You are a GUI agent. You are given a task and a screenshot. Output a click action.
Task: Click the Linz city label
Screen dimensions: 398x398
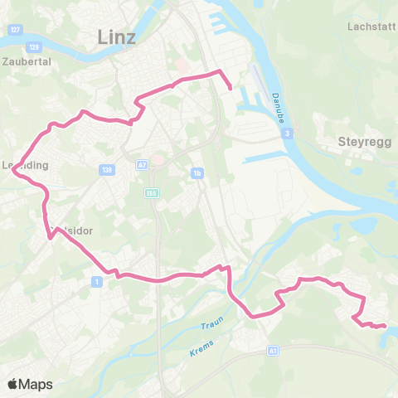(116, 36)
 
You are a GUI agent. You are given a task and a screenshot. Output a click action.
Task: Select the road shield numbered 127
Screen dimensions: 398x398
(15, 30)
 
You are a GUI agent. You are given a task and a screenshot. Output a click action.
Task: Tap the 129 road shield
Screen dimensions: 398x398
(34, 47)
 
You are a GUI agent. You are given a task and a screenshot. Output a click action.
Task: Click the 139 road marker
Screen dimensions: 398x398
(106, 169)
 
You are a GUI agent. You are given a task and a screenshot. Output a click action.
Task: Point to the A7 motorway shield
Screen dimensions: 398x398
(142, 164)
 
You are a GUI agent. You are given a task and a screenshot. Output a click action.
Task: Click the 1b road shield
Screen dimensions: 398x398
(197, 172)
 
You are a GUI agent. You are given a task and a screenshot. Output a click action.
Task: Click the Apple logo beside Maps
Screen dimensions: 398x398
(12, 384)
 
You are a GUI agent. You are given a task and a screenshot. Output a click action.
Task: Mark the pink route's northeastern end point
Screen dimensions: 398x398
(229, 85)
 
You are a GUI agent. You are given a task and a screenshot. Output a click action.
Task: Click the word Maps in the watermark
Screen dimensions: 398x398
(36, 385)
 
